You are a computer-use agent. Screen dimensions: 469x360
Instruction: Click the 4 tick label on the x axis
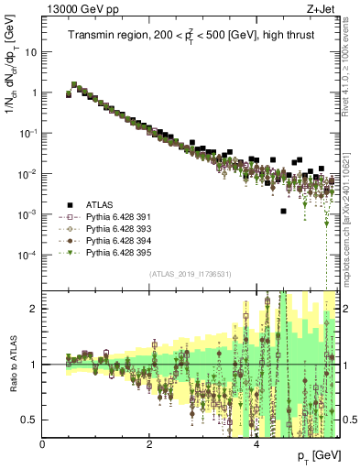[x=256, y=444]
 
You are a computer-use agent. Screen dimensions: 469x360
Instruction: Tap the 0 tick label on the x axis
[x=43, y=444]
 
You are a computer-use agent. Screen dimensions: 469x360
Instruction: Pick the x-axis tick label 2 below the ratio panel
[x=149, y=444]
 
